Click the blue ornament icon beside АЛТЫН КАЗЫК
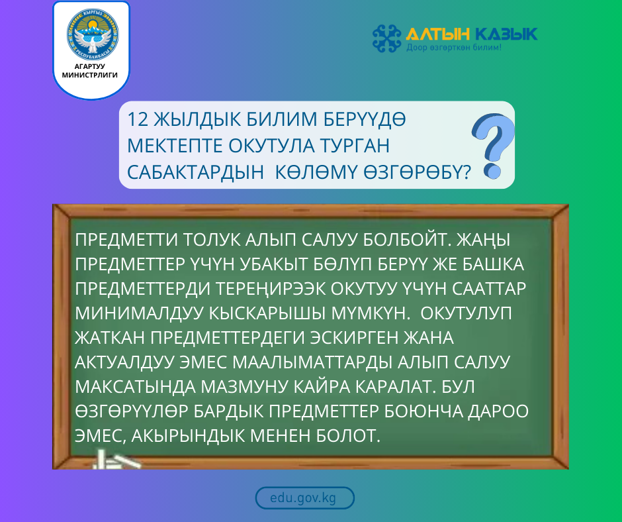point(387,38)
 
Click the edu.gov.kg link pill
point(304,498)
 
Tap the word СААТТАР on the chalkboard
point(492,289)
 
